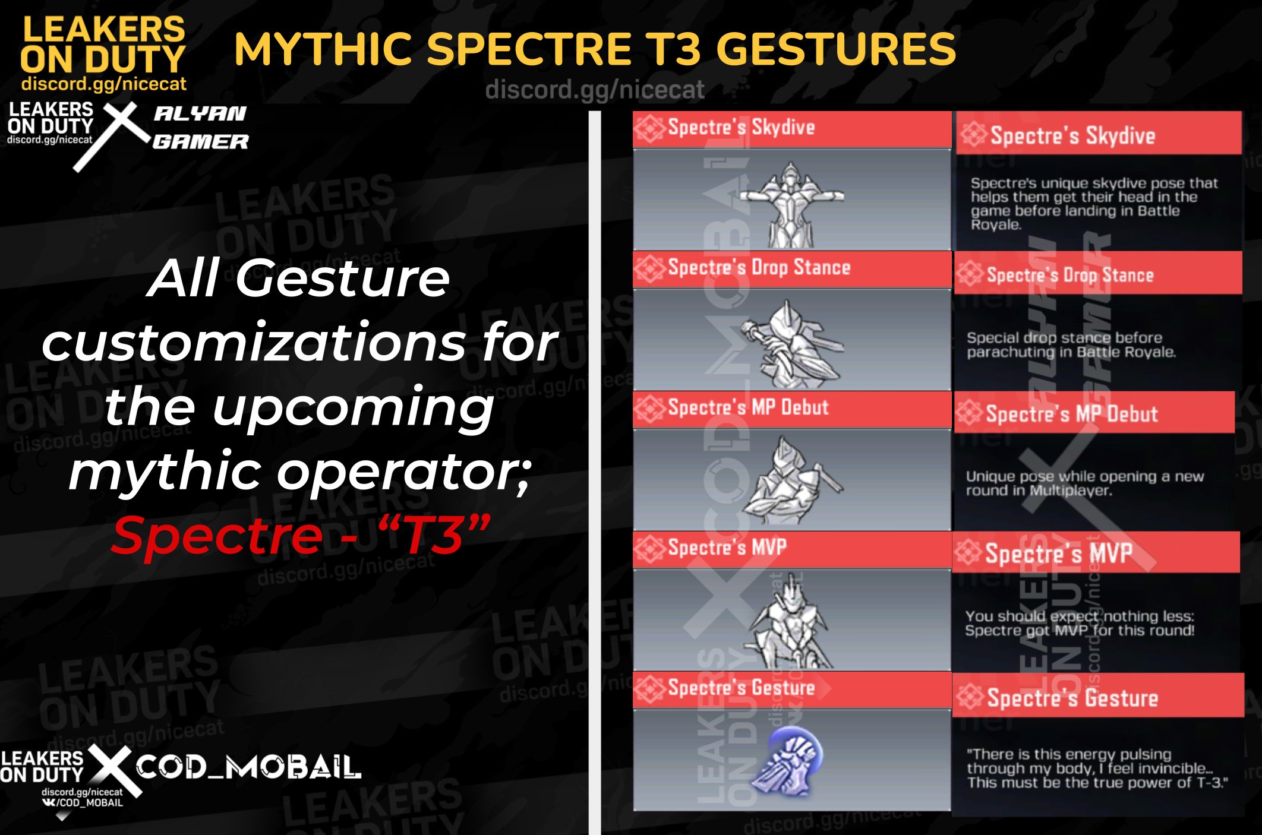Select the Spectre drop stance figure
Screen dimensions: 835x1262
pos(791,343)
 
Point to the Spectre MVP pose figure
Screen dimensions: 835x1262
pos(790,622)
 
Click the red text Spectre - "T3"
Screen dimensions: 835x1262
pos(301,535)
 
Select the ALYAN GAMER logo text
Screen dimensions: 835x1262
pos(200,127)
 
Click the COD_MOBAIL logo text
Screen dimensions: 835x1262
pos(248,767)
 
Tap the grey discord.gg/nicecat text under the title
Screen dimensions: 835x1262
pos(594,90)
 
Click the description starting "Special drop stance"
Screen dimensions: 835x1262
pos(1071,345)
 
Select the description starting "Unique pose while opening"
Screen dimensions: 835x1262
pos(1084,483)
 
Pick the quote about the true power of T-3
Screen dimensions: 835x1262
pos(1096,768)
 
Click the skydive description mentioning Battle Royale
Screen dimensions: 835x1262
pos(1093,204)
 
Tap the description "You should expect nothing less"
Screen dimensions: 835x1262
pos(1080,623)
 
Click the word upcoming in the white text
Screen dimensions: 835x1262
pos(353,409)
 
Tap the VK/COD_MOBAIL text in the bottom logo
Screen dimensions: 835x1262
pos(83,803)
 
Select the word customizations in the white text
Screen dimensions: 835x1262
pos(254,343)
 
